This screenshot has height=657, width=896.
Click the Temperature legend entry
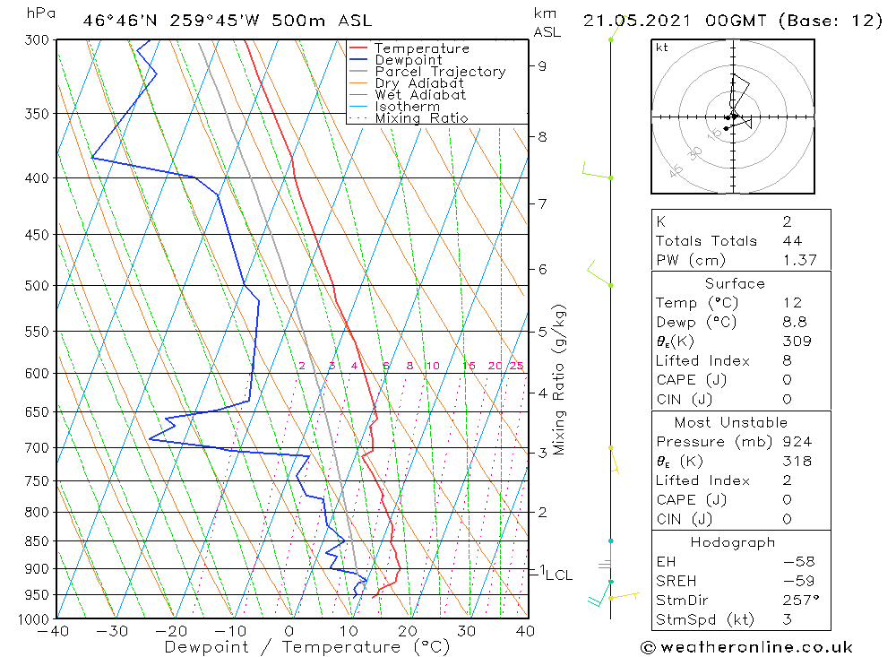421,48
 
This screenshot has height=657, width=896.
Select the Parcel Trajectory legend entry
440,72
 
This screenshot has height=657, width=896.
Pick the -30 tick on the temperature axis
114,631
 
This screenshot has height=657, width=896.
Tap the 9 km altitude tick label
543,65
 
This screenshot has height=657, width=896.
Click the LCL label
558,575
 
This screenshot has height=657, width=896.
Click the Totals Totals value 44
791,240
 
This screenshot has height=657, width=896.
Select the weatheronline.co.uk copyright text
745,646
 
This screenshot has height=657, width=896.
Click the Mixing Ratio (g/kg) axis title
560,379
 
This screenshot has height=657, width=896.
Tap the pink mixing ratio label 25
516,366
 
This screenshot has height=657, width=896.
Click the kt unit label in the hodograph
662,48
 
